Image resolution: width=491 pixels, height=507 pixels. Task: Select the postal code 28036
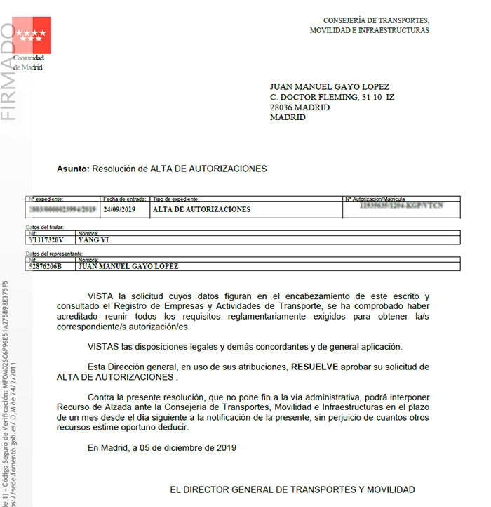coord(283,107)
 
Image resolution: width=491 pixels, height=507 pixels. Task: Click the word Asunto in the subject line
coord(72,169)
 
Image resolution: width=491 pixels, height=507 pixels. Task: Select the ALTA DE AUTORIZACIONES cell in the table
coord(201,209)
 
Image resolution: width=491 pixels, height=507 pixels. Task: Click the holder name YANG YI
coord(94,239)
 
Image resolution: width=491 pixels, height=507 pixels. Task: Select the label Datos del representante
coord(55,253)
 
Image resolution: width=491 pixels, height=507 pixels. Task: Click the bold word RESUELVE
coord(315,367)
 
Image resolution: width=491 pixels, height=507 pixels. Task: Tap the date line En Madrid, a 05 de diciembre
coord(162,447)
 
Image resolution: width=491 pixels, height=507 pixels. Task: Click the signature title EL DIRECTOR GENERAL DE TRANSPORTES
coord(292,489)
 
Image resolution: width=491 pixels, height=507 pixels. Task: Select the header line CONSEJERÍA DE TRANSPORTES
coord(376,20)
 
